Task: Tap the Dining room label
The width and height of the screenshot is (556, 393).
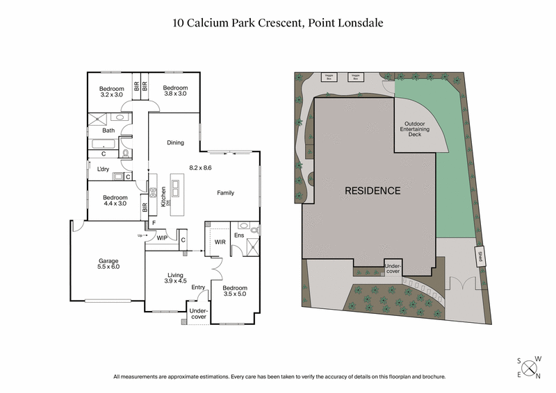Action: click(175, 143)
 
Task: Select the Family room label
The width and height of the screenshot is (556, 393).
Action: click(225, 193)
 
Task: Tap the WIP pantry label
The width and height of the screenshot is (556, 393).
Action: click(162, 238)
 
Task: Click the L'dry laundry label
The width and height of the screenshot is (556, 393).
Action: click(104, 169)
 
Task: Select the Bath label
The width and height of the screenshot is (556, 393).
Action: click(108, 131)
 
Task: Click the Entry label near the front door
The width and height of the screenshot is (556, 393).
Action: click(198, 287)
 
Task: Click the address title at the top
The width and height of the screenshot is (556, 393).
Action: click(278, 23)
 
